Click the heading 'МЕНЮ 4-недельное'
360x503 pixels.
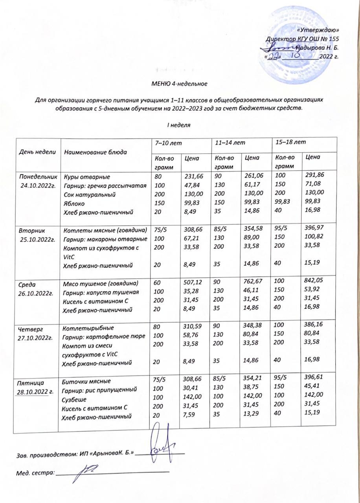pos(179,84)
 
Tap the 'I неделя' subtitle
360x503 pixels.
pos(179,125)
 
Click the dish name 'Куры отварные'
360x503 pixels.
pos(87,177)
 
